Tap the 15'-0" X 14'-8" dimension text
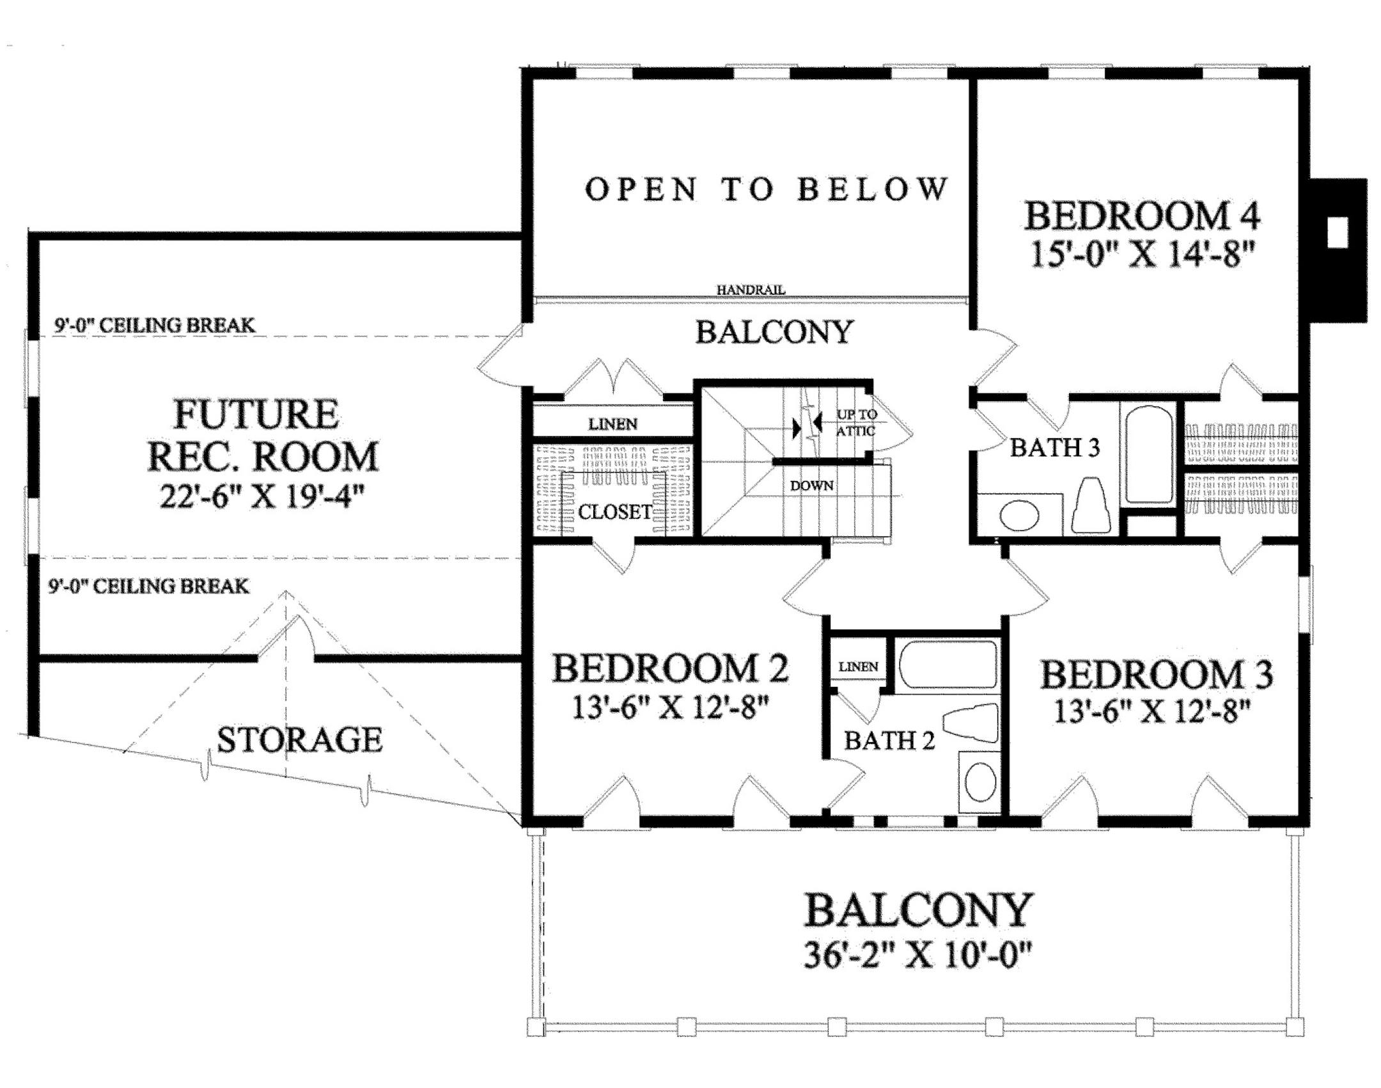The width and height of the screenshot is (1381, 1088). tap(1142, 254)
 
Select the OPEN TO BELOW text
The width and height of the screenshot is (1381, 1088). tap(766, 189)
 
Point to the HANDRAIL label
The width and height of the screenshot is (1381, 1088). tap(751, 290)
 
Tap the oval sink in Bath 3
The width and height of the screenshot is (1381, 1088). tap(1019, 516)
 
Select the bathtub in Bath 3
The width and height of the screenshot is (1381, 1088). tap(1148, 453)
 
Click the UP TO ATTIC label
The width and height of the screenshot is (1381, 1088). tap(856, 422)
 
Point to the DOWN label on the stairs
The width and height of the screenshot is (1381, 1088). tap(812, 485)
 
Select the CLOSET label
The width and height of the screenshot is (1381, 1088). tap(615, 512)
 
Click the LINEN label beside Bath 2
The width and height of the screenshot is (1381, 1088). tap(858, 666)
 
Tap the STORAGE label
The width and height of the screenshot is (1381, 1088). tap(299, 740)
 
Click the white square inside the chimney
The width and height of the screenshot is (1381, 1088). tap(1338, 232)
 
